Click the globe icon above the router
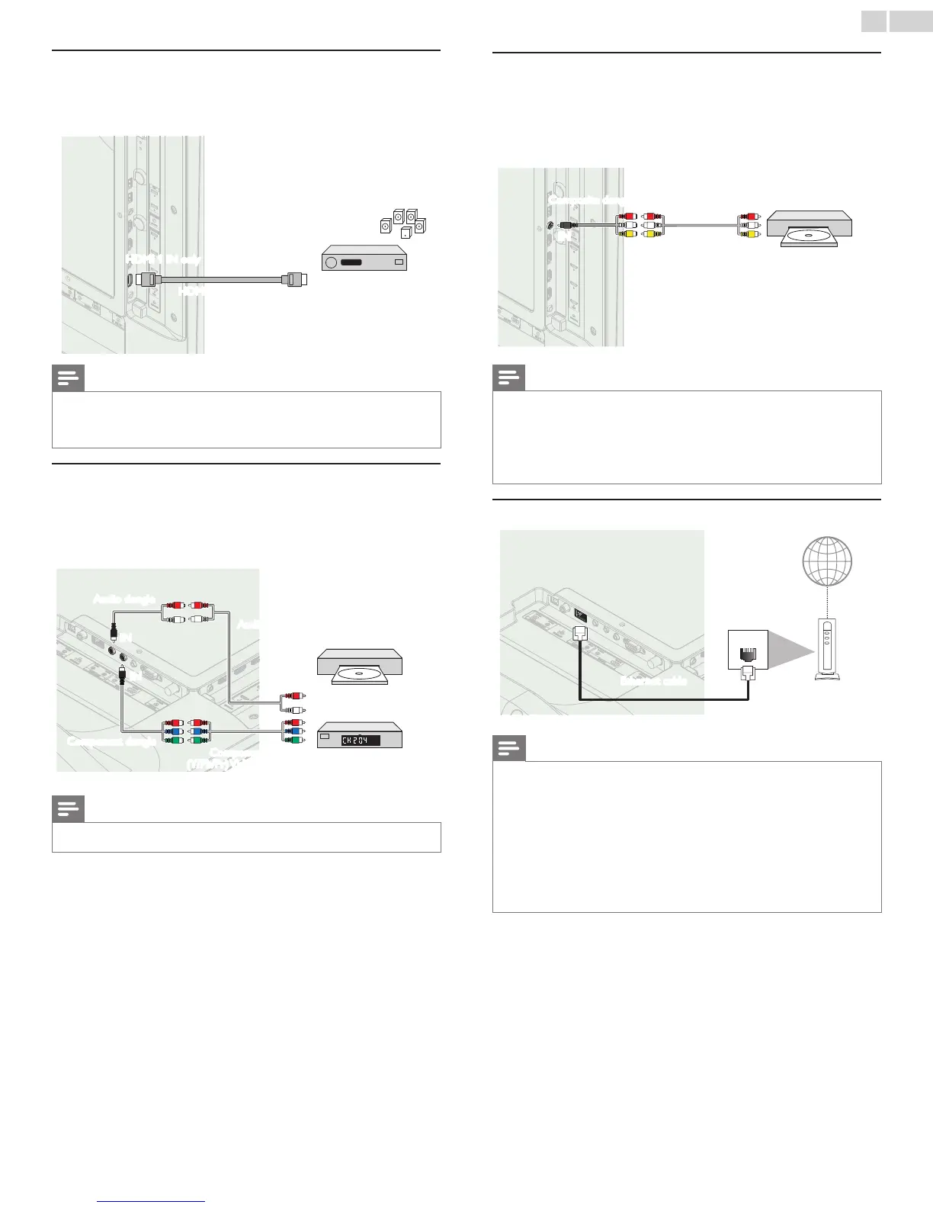coord(827,561)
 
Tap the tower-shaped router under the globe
coord(827,648)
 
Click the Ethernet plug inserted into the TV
coord(580,632)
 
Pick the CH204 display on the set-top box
coord(360,739)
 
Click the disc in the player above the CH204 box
coord(359,674)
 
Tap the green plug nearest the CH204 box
coord(291,740)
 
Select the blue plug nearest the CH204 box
coord(291,731)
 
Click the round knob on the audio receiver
coord(331,262)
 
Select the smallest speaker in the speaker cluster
coord(405,230)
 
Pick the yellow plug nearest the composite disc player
coord(749,234)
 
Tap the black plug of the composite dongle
coord(567,225)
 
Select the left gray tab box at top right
coord(874,21)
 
